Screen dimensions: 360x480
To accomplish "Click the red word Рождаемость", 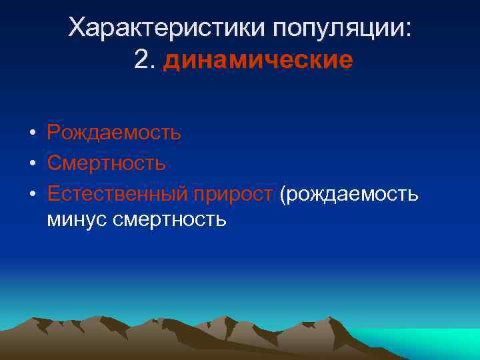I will (x=114, y=132).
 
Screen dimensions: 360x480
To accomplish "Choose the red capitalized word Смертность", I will (x=106, y=163).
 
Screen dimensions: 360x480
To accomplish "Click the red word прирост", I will (x=233, y=193).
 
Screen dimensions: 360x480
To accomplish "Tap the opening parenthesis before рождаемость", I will (x=283, y=194).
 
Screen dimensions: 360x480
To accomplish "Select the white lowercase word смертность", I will (x=172, y=219).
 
